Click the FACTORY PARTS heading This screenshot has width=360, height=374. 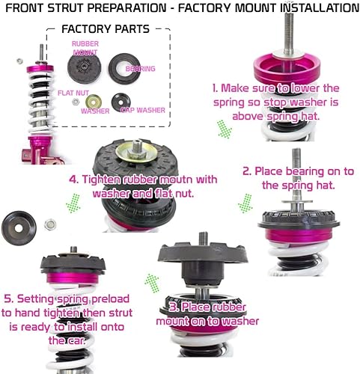tap(105, 29)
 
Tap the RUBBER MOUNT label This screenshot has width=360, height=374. tap(85, 48)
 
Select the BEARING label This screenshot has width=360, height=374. tap(141, 68)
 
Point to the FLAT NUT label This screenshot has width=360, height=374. tap(73, 93)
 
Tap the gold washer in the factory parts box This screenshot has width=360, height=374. tap(94, 102)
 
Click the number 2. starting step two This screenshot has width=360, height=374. tap(246, 171)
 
